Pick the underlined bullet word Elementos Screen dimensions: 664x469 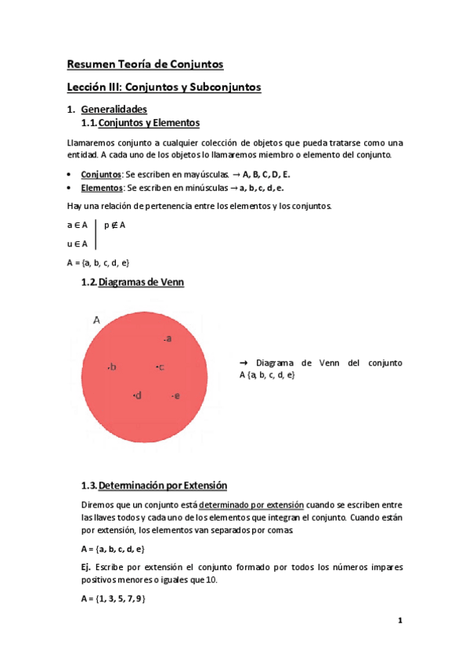(x=102, y=189)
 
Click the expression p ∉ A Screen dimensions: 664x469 (x=114, y=226)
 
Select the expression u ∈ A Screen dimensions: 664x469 (x=77, y=244)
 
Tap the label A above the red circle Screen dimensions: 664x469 (x=97, y=319)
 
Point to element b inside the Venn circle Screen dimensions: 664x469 (x=112, y=366)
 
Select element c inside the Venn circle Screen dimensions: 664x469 (x=160, y=366)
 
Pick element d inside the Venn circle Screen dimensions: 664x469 (x=137, y=395)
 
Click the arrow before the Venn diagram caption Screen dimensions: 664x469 (x=243, y=363)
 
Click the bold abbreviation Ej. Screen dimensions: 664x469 (x=86, y=565)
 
